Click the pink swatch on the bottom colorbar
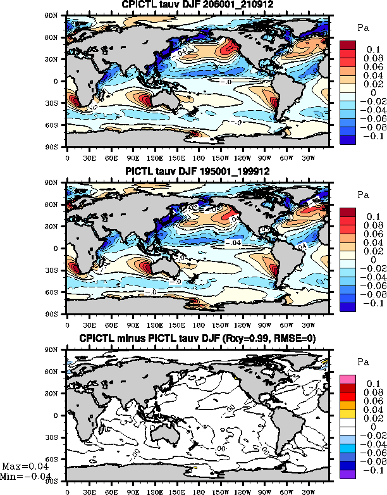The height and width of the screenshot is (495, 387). [349, 379]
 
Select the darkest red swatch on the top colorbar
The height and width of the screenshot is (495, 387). [349, 44]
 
